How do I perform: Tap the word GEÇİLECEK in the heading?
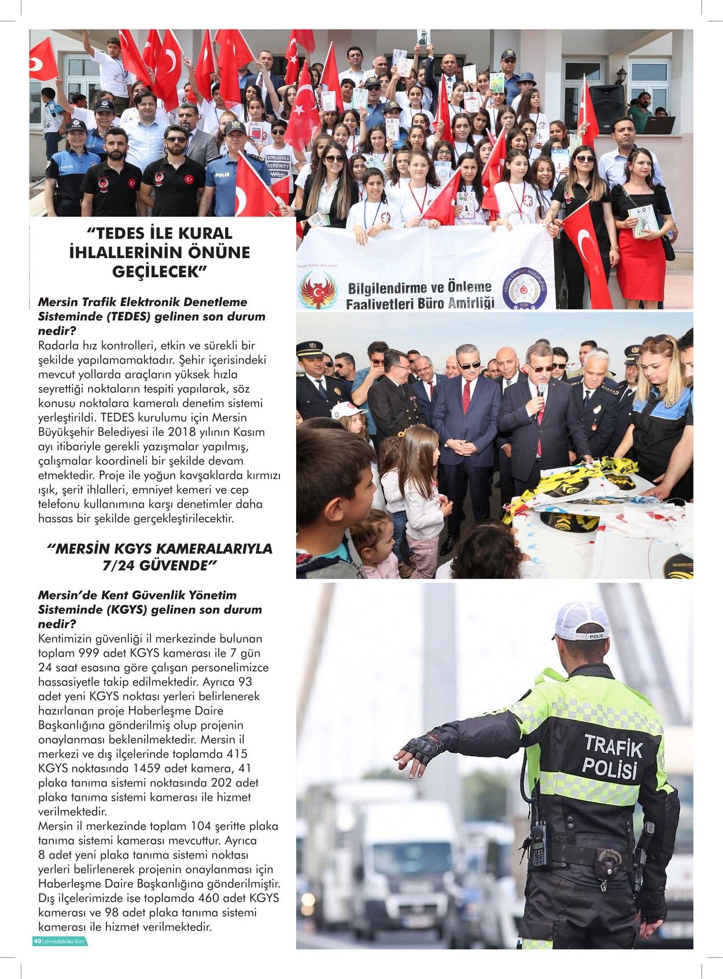(x=156, y=272)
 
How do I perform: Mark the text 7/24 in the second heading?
(x=118, y=565)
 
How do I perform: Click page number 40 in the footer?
(x=37, y=941)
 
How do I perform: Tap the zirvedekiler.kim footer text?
(x=65, y=941)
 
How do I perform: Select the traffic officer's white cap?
(x=581, y=621)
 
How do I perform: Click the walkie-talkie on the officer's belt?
(x=538, y=845)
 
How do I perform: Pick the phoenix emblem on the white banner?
(x=318, y=290)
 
